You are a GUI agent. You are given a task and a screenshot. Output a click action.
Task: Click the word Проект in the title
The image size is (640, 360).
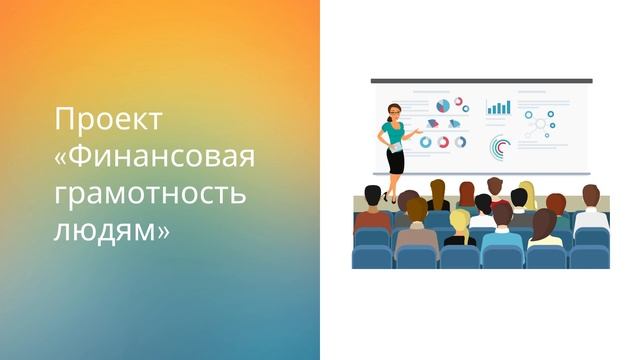[107, 121]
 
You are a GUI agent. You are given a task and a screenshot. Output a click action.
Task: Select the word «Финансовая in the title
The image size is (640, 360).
[154, 157]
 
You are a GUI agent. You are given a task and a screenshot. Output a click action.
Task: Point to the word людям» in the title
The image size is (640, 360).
[111, 229]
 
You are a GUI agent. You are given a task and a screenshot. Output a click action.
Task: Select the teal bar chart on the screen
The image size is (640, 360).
[498, 107]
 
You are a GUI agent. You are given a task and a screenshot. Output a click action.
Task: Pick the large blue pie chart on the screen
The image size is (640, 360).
[442, 104]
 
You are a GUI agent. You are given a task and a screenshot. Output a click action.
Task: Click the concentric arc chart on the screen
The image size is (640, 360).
[500, 147]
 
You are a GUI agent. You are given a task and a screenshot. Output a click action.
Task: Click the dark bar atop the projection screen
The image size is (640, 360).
[481, 81]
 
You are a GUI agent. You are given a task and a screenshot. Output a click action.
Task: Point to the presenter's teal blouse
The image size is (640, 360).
[390, 133]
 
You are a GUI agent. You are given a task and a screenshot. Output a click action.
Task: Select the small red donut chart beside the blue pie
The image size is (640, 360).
[459, 102]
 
